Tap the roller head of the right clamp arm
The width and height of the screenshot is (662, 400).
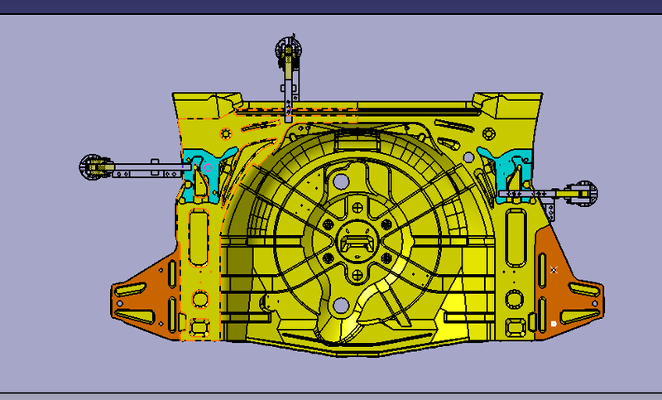(x=584, y=192)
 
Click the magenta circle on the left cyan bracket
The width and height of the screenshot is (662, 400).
(x=209, y=168)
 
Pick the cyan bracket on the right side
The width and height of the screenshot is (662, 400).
(x=501, y=170)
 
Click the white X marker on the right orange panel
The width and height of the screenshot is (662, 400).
(x=554, y=270)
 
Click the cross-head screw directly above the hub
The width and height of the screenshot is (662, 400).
(x=357, y=208)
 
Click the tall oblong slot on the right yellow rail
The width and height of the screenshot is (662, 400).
(x=515, y=235)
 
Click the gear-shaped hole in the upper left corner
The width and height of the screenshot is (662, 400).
(x=225, y=133)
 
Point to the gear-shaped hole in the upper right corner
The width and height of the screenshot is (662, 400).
(x=488, y=133)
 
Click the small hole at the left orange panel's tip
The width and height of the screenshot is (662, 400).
(x=120, y=303)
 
